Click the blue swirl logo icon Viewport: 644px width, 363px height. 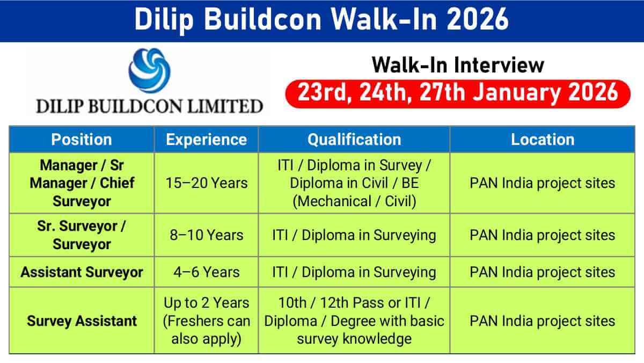click(149, 70)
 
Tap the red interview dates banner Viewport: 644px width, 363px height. click(458, 94)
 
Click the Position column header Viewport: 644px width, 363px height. click(82, 140)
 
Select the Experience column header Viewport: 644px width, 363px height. click(206, 140)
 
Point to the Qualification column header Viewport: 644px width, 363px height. click(354, 140)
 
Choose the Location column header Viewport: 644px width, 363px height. click(543, 140)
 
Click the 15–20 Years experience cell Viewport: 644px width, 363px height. click(207, 183)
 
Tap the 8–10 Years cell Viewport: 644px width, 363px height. click(207, 235)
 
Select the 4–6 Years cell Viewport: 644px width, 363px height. click(207, 272)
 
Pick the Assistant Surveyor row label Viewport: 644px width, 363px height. click(82, 272)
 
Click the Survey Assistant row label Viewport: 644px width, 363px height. click(82, 321)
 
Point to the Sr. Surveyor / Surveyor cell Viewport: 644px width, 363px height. click(82, 235)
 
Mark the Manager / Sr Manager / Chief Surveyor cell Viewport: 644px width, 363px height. click(82, 183)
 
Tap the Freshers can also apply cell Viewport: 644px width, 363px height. click(207, 321)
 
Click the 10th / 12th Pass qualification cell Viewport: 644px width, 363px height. click(354, 321)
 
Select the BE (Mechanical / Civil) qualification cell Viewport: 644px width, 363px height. click(354, 183)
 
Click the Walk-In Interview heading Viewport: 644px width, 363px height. click(458, 65)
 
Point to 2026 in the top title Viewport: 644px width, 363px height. click(478, 19)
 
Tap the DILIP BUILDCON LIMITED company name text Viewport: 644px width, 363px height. click(149, 106)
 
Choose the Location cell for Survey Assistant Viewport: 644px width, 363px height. click(543, 321)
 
